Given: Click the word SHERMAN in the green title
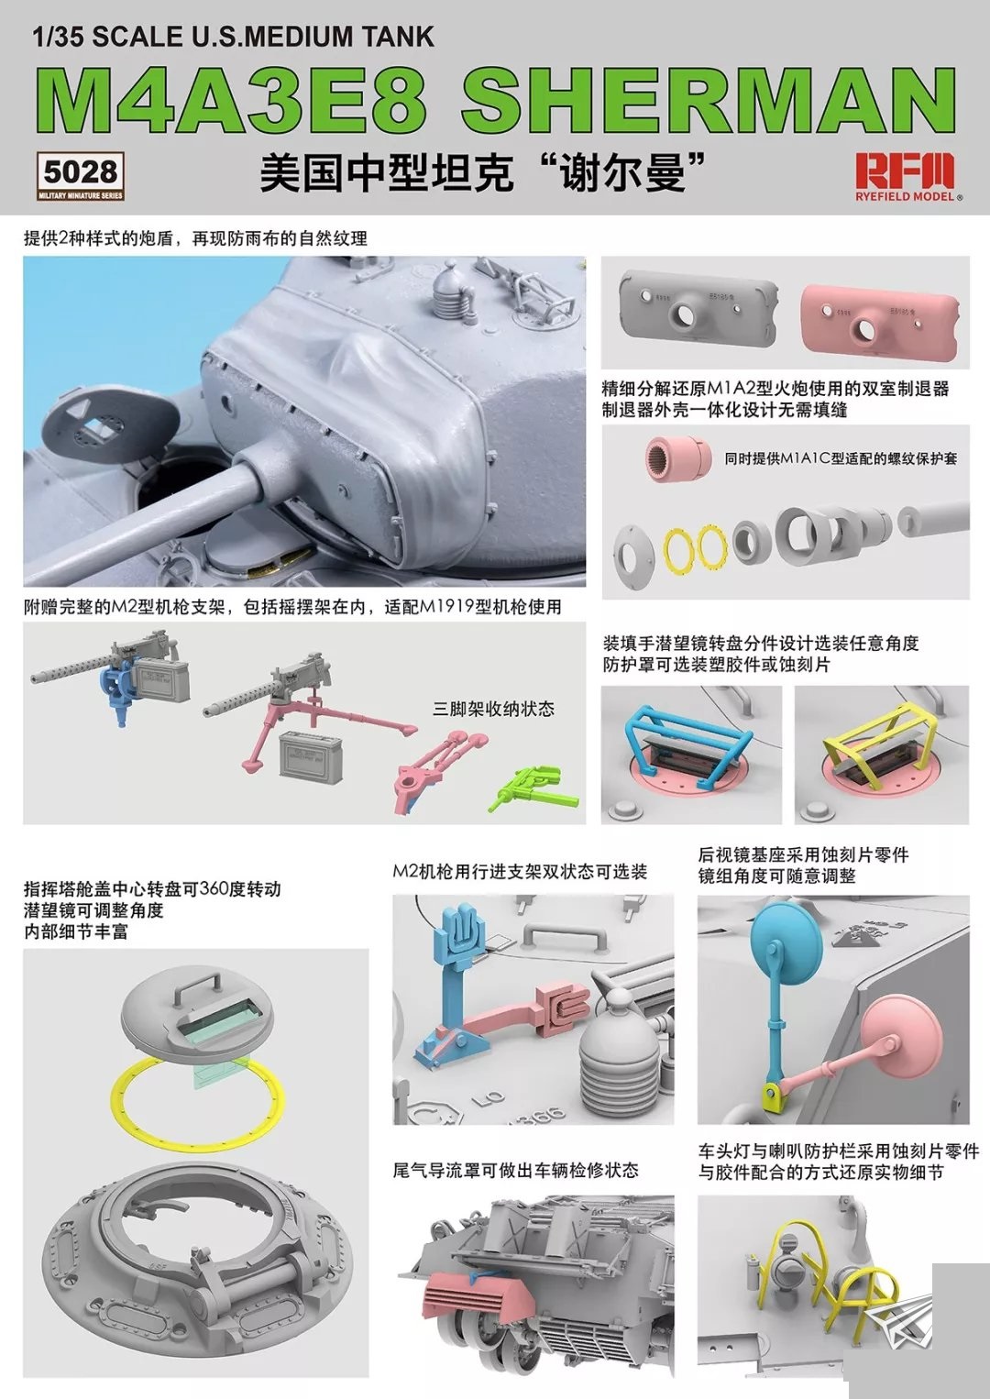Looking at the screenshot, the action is [709, 101].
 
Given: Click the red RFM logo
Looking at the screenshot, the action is [905, 170].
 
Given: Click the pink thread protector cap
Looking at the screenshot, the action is [677, 457].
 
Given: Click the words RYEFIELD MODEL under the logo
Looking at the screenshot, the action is [905, 197].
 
